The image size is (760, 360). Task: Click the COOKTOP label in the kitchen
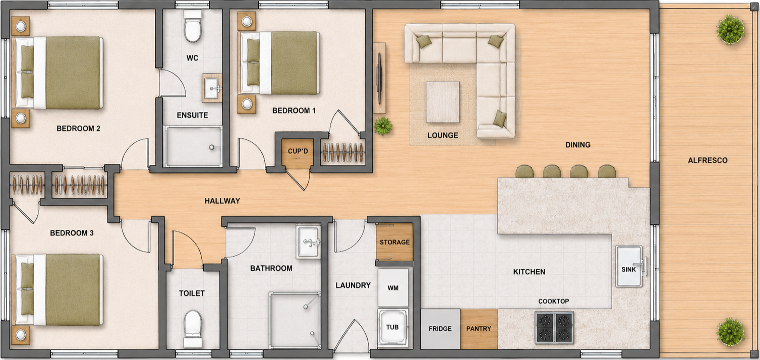pyautogui.click(x=553, y=302)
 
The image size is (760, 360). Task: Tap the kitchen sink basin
pyautogui.click(x=629, y=266)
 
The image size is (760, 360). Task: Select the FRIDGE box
pyautogui.click(x=440, y=329)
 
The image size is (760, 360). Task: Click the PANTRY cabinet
pyautogui.click(x=479, y=329)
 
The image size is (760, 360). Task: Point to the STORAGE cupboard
pyautogui.click(x=394, y=242)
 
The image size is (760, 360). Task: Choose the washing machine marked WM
pyautogui.click(x=393, y=288)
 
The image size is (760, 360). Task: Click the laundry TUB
pyautogui.click(x=393, y=327)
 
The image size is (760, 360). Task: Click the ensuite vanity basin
pyautogui.click(x=212, y=88)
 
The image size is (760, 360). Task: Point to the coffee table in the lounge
pyautogui.click(x=443, y=102)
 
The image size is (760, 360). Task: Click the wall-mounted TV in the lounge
pyautogui.click(x=380, y=78)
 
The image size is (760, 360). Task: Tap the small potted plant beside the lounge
pyautogui.click(x=383, y=126)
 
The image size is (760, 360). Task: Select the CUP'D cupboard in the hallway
pyautogui.click(x=298, y=153)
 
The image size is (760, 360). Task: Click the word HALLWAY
pyautogui.click(x=222, y=201)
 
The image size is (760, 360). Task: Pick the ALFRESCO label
pyautogui.click(x=708, y=160)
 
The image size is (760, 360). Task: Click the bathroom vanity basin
pyautogui.click(x=308, y=241)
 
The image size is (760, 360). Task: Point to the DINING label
pyautogui.click(x=578, y=145)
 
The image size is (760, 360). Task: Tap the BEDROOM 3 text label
pyautogui.click(x=72, y=233)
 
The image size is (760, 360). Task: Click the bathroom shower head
pyautogui.click(x=306, y=307)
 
